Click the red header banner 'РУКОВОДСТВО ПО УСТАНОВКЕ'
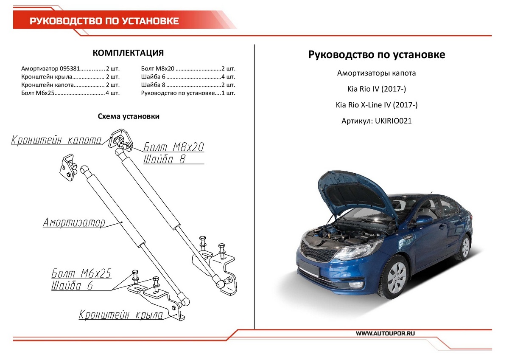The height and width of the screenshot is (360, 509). [104, 21]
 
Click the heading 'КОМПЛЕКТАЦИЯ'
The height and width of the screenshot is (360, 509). [128, 53]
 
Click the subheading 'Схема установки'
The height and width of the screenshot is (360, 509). [129, 116]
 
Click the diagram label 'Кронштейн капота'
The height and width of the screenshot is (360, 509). [56, 140]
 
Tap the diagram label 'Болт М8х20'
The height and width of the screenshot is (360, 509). [173, 147]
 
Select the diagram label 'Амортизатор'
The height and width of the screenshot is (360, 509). [74, 222]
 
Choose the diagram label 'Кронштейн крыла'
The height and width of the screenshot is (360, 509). [121, 315]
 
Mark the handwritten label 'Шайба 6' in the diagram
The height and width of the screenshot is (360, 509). [72, 285]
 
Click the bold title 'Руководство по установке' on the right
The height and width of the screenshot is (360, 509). [376, 55]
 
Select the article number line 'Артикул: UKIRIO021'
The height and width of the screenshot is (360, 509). [376, 121]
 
